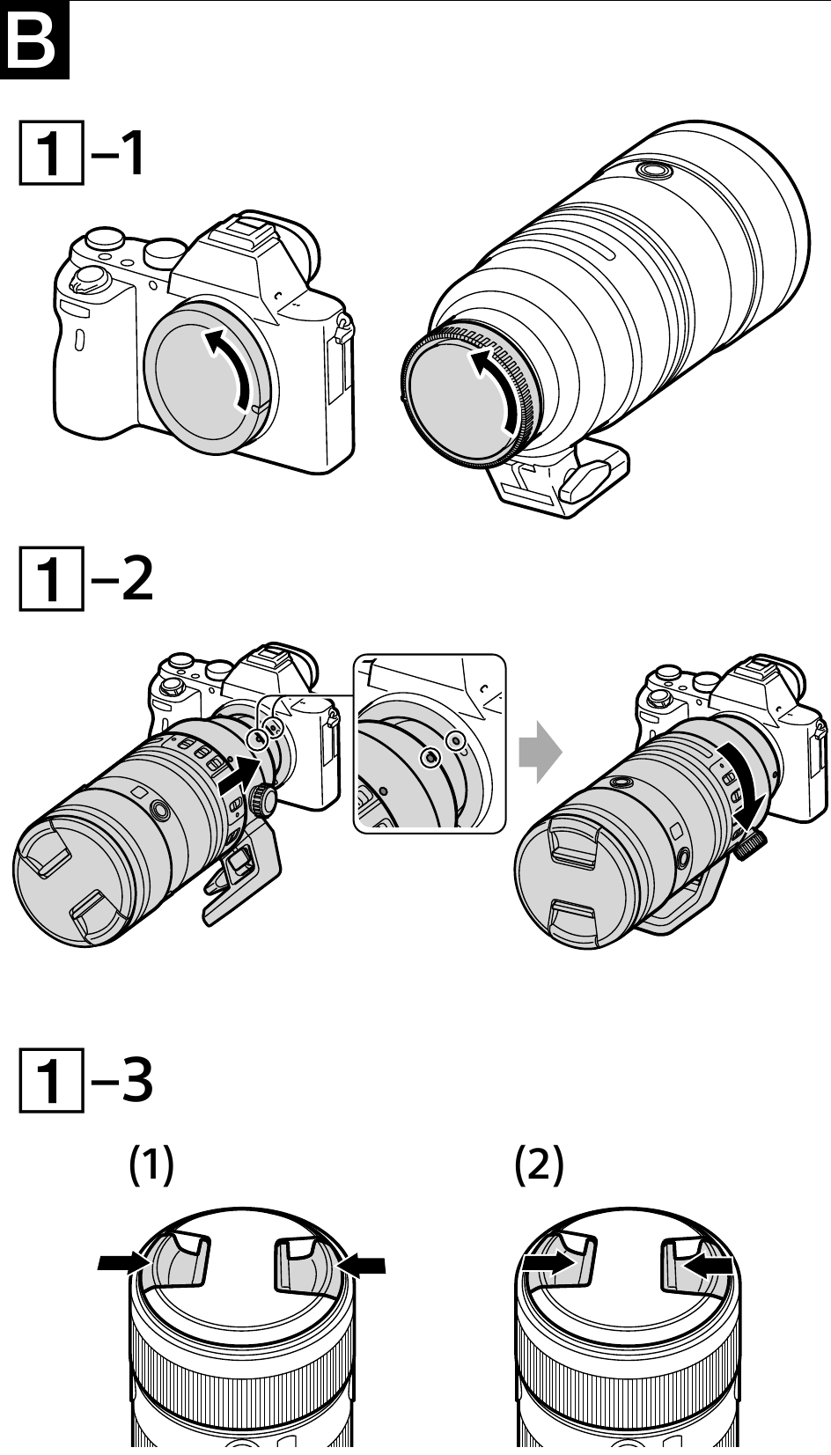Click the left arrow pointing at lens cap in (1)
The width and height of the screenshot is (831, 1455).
tap(124, 1262)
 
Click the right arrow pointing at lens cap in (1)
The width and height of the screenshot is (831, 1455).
tap(361, 1264)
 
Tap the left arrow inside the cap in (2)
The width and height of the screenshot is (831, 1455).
tap(547, 1263)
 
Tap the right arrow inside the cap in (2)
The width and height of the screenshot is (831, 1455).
tap(708, 1265)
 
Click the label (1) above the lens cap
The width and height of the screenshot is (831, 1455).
tap(152, 1166)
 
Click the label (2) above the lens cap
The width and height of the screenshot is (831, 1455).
tap(539, 1166)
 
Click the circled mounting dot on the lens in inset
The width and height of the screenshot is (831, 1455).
tap(430, 757)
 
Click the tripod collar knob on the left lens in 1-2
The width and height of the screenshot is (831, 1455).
tap(262, 799)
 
